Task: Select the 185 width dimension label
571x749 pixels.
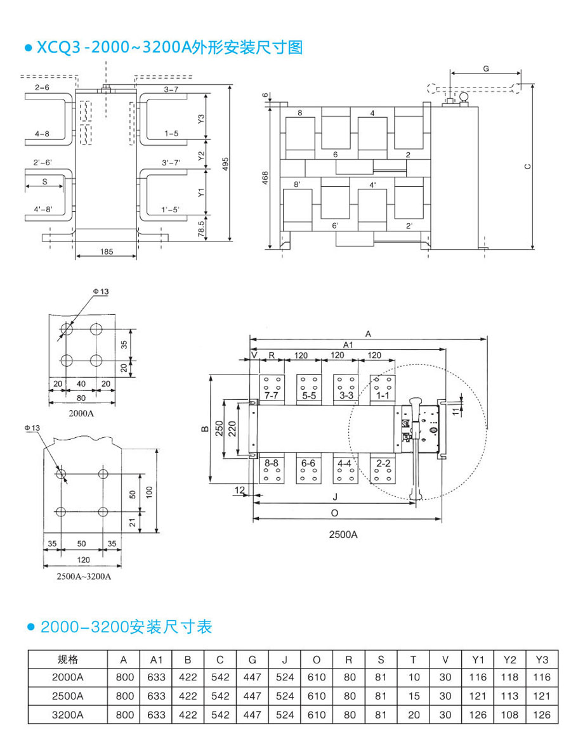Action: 107,252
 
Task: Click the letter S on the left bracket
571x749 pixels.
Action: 44,181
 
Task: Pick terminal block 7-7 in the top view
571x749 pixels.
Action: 272,395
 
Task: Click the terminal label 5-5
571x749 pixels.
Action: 309,395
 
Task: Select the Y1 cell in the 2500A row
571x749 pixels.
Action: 478,696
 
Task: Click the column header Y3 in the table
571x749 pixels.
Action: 541,659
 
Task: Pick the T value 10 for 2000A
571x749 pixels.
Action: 414,677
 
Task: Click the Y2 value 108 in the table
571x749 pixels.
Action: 510,714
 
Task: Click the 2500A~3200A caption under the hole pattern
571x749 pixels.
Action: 84,577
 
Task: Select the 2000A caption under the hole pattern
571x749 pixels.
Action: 81,414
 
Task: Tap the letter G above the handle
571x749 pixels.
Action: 485,68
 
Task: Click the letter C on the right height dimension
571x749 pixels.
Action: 527,167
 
